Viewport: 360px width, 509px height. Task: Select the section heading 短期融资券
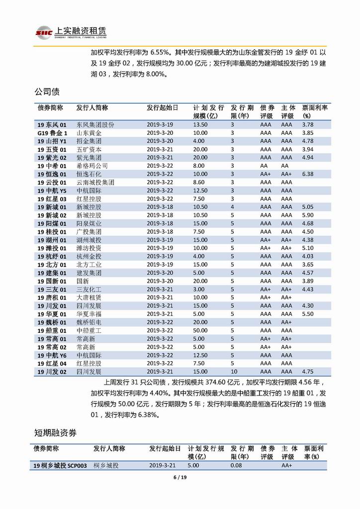[56, 432]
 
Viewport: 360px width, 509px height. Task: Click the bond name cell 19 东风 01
[52, 125]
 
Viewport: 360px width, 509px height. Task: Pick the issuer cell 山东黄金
[89, 133]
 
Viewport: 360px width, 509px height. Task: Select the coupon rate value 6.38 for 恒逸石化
[308, 174]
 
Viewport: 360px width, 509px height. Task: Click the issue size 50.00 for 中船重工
[200, 330]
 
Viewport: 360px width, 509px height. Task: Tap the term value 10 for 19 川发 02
[234, 371]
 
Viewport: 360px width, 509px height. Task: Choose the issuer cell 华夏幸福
[89, 314]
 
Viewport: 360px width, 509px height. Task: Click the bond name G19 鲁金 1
[52, 133]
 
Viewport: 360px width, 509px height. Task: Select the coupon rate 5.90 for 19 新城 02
[308, 215]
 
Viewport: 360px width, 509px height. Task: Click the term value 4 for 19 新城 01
[232, 207]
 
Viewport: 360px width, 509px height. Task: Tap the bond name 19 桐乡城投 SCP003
[60, 466]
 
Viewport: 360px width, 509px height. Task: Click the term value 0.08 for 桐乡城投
[236, 466]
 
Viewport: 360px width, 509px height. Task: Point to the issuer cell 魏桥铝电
[89, 322]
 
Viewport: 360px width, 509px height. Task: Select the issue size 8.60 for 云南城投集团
[198, 182]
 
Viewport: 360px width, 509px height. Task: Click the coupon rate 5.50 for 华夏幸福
[308, 314]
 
